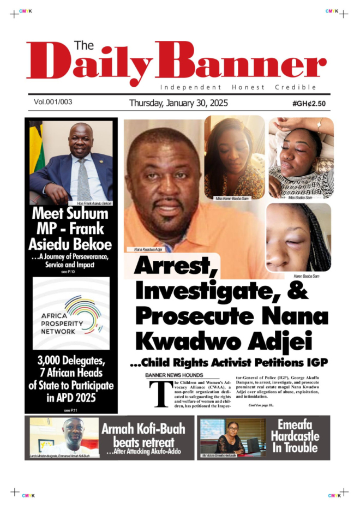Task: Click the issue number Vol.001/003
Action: [x=53, y=101]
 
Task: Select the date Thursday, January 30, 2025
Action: [x=178, y=103]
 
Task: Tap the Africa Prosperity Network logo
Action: [x=71, y=314]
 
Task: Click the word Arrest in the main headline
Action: [x=172, y=266]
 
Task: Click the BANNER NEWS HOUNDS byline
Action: [x=174, y=375]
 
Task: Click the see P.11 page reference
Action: [x=71, y=410]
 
